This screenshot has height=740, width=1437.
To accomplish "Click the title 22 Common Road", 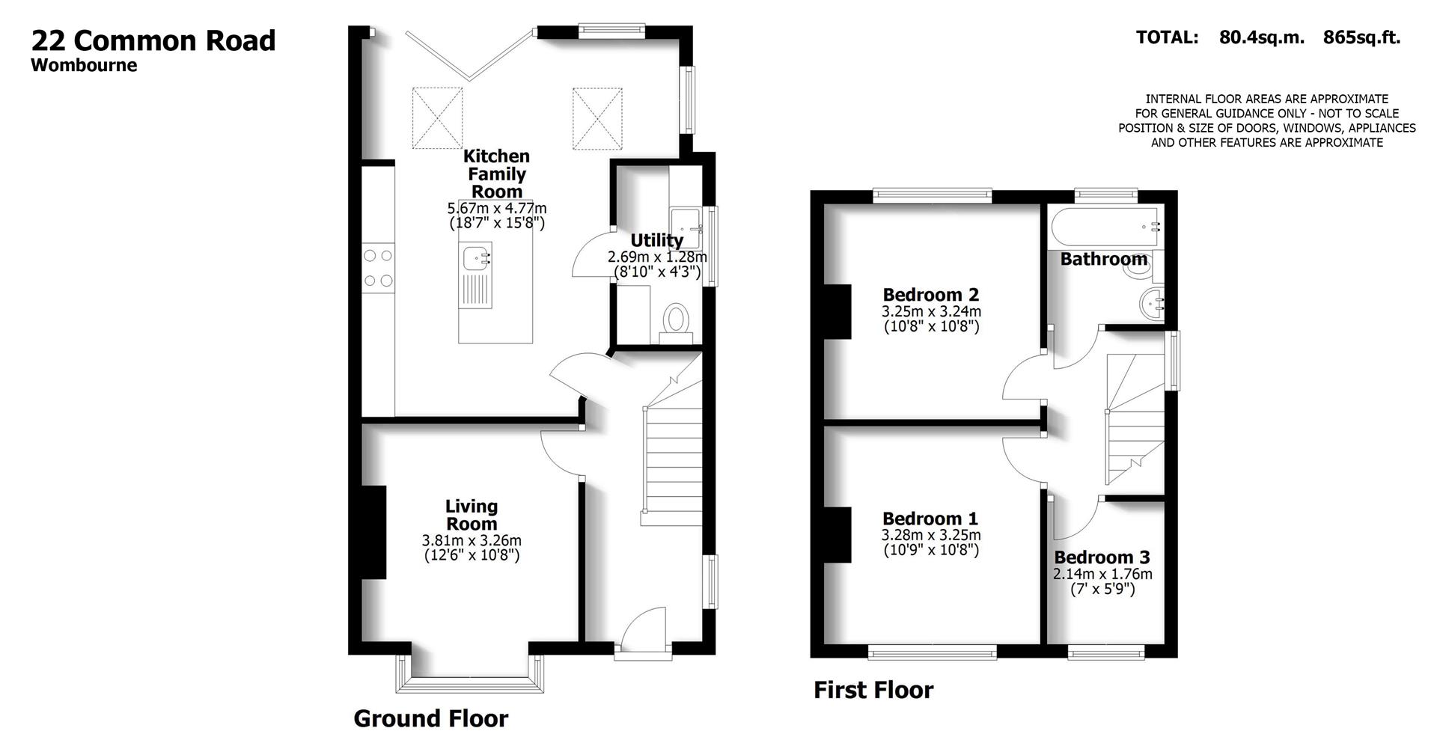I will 153,40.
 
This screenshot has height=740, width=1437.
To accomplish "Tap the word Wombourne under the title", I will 84,65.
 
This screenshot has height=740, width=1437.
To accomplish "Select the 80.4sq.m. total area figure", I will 1261,37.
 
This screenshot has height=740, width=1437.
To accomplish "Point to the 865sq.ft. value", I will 1361,37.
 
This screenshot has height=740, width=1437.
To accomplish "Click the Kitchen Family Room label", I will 496,174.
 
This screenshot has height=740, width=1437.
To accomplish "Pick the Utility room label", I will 656,240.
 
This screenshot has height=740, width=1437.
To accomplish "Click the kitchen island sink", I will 475,258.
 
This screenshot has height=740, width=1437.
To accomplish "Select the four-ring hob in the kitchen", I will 378,268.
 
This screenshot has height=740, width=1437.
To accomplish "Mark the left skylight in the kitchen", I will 437,117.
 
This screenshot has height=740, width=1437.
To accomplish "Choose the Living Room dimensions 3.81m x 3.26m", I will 472,540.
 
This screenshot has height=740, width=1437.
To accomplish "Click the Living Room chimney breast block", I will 373,532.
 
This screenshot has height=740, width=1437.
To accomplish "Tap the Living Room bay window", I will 472,677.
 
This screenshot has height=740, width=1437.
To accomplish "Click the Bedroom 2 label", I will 930,295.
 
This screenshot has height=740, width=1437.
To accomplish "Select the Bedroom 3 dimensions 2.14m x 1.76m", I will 1102,574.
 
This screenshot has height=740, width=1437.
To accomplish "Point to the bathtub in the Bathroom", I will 1105,227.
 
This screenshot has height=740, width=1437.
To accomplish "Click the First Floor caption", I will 873,690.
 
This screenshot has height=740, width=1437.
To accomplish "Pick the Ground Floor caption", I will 430,718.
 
